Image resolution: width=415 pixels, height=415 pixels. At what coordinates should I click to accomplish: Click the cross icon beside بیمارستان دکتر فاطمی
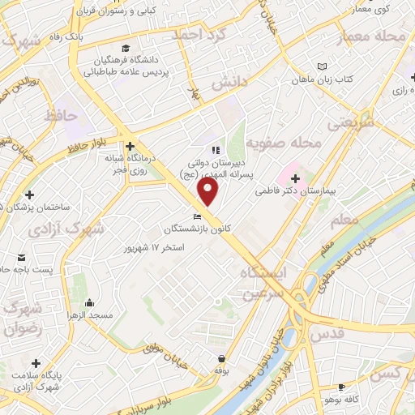click(295, 178)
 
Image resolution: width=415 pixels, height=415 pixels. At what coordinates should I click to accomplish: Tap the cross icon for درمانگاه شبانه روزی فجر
click(130, 145)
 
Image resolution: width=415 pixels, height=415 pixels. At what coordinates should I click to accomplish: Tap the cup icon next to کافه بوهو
click(341, 387)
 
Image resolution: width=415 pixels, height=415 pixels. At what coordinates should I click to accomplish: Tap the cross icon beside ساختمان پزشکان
click(30, 195)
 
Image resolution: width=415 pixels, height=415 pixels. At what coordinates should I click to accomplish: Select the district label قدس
click(327, 332)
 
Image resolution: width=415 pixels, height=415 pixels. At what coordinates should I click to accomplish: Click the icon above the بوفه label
click(220, 358)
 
